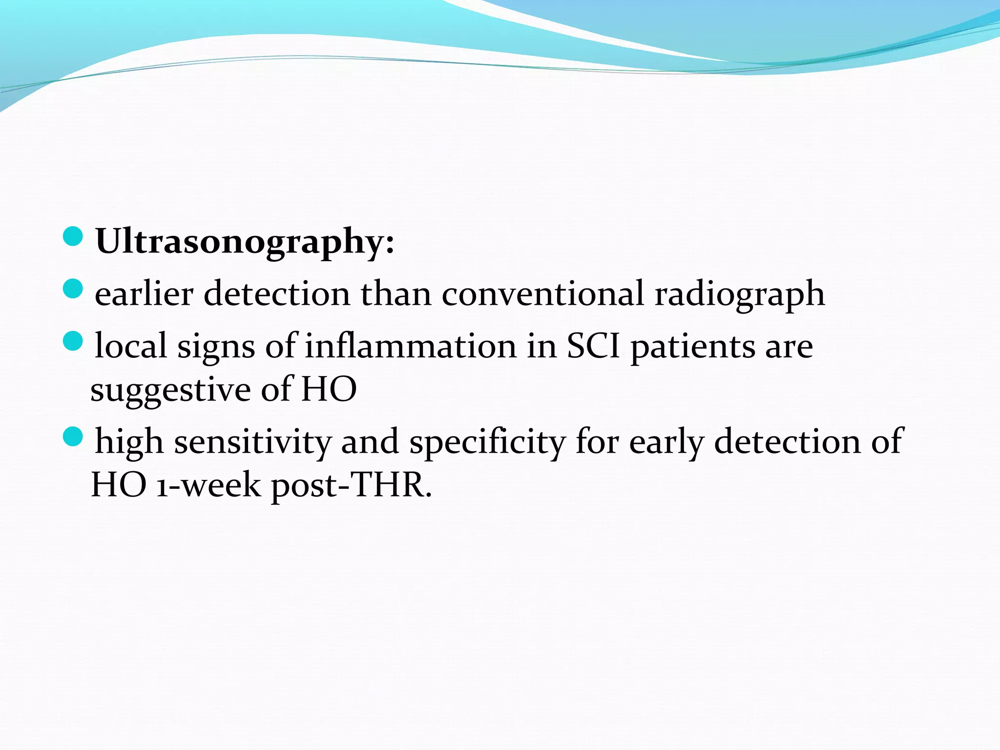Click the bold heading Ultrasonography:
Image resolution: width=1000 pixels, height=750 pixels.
[x=244, y=241]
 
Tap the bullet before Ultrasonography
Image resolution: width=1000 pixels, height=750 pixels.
[x=73, y=236]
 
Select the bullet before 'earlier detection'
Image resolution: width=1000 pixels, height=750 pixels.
[x=73, y=289]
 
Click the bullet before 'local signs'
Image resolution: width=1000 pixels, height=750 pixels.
[x=73, y=341]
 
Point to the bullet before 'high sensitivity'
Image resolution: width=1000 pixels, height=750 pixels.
[x=73, y=436]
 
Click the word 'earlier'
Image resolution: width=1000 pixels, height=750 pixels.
[x=144, y=294]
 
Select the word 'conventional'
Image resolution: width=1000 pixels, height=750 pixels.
[x=542, y=294]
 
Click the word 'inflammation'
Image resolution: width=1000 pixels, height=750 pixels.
[x=411, y=346]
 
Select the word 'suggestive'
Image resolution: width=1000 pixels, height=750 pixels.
[x=170, y=390]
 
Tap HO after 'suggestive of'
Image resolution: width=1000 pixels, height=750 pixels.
[x=329, y=389]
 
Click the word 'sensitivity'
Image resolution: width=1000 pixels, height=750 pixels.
[x=252, y=441]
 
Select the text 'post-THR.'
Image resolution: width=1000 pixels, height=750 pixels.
[x=352, y=485]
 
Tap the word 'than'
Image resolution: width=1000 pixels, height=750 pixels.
[x=396, y=294]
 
